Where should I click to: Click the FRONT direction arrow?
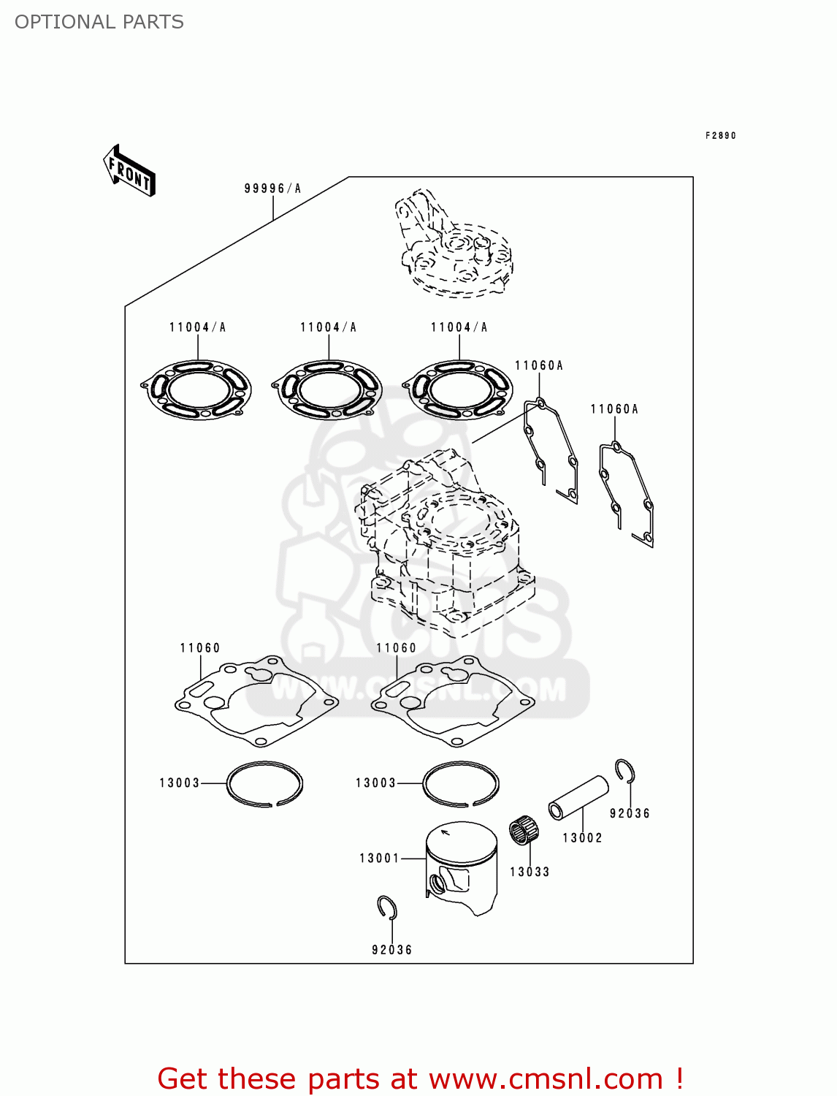[x=129, y=170]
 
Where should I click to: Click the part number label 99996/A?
[x=272, y=189]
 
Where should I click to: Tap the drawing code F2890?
[x=720, y=135]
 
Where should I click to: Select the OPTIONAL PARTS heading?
[x=99, y=22]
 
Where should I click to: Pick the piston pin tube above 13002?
[x=578, y=798]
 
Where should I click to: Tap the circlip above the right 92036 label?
[x=624, y=771]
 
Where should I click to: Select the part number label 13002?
[x=582, y=838]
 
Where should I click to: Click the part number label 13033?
[x=530, y=872]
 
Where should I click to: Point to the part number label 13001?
[x=379, y=858]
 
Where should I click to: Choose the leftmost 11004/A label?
[x=197, y=327]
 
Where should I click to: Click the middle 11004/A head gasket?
[x=327, y=389]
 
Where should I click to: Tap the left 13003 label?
[x=180, y=783]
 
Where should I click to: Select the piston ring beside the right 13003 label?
[x=461, y=784]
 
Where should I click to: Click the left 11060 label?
[x=200, y=648]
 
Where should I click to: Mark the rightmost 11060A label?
[x=614, y=409]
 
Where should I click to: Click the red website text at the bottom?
[x=420, y=1078]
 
